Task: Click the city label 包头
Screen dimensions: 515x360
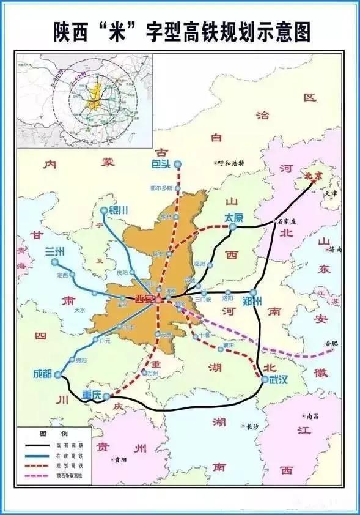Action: [x=161, y=164]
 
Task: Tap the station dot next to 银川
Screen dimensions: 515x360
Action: [x=103, y=210]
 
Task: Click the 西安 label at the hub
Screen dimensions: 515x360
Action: [x=144, y=299]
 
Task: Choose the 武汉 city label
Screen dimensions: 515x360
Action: [x=278, y=380]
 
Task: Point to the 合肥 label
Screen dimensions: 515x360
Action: [x=331, y=343]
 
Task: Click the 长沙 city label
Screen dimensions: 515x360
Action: [x=252, y=426]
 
